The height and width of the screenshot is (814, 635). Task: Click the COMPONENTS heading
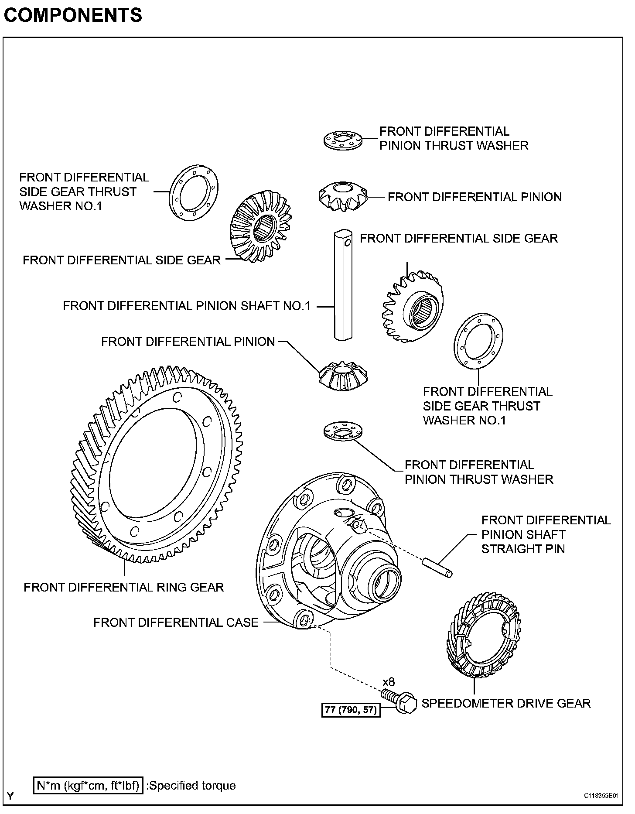pyautogui.click(x=73, y=15)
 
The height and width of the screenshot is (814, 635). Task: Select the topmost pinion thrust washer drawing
pyautogui.click(x=344, y=140)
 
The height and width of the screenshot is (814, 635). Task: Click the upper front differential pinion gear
pyautogui.click(x=343, y=197)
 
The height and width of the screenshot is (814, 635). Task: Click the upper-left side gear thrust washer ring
pyautogui.click(x=194, y=193)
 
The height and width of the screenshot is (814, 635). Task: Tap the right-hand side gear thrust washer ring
pyautogui.click(x=478, y=341)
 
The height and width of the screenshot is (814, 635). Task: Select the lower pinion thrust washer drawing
pyautogui.click(x=344, y=431)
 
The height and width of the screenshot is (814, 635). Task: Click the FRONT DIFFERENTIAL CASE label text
pyautogui.click(x=176, y=622)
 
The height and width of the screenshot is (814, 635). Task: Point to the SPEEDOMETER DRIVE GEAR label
pyautogui.click(x=506, y=703)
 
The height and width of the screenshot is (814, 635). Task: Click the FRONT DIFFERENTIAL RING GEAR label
pyautogui.click(x=124, y=587)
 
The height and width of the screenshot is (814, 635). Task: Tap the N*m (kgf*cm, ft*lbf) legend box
pyautogui.click(x=88, y=785)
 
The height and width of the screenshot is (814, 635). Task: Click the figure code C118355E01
pyautogui.click(x=602, y=795)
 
